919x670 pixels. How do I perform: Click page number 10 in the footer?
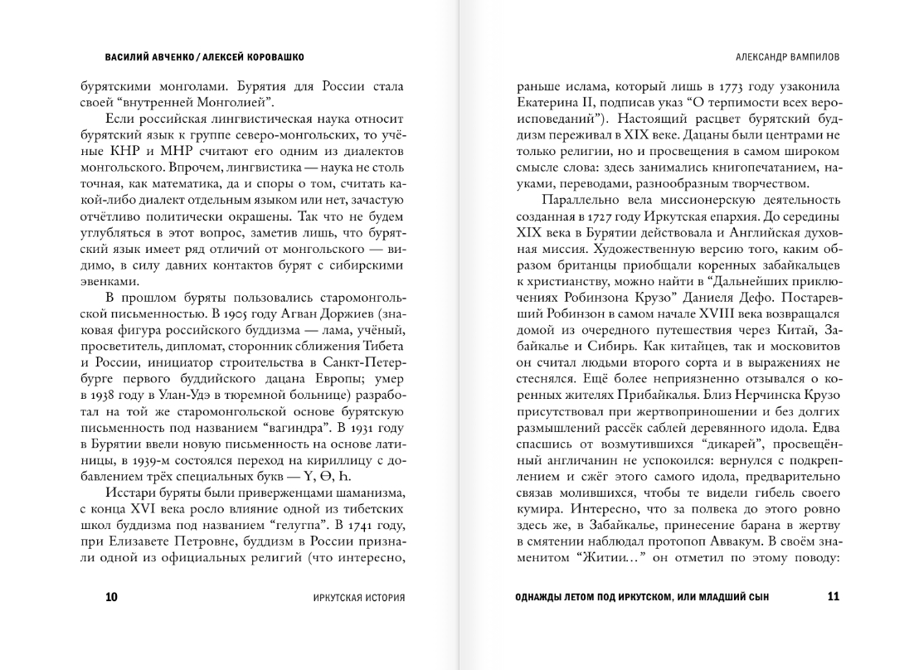[x=112, y=596]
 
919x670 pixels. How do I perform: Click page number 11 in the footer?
[x=834, y=596]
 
